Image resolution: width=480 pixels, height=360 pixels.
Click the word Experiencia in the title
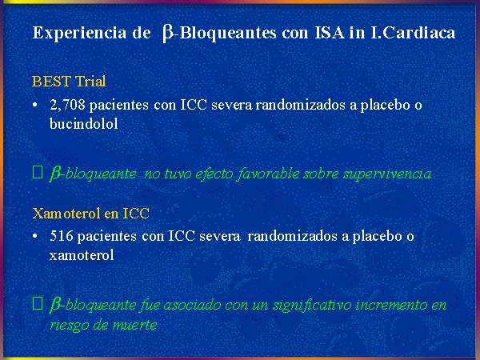[x=80, y=33]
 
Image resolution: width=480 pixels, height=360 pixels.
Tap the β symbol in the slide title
[x=167, y=34]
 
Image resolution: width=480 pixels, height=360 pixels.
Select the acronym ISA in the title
[x=330, y=33]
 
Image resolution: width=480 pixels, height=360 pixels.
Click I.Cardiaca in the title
[x=413, y=33]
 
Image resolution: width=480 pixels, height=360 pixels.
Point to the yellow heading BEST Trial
[x=69, y=82]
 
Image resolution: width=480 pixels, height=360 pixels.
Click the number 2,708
[x=67, y=105]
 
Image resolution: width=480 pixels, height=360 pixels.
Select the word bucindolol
[x=83, y=124]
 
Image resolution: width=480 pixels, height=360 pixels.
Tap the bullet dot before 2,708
[x=35, y=106]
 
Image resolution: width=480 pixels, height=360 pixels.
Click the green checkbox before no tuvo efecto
[x=38, y=172]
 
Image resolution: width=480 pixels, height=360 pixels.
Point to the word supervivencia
[x=387, y=174]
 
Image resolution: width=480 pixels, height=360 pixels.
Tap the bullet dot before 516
[x=35, y=237]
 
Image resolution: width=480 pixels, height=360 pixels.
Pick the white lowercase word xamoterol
[x=82, y=255]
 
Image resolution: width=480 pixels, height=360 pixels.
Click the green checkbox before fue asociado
[x=38, y=303]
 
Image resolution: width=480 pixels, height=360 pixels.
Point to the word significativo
[x=312, y=306]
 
